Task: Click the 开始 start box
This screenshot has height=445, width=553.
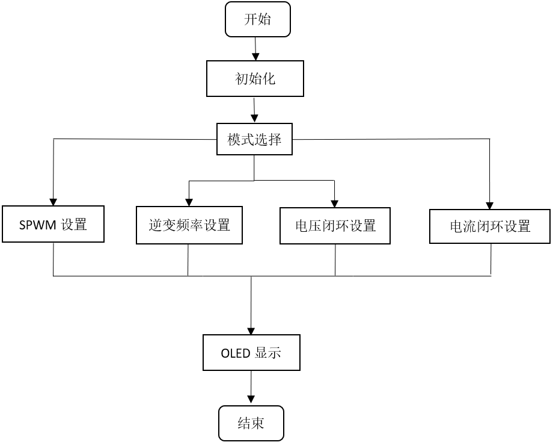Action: click(x=257, y=19)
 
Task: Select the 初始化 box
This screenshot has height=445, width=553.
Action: click(x=255, y=78)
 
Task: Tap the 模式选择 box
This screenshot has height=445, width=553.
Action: click(x=254, y=140)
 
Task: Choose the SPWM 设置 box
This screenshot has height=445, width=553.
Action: click(x=53, y=225)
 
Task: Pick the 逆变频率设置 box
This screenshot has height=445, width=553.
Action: click(x=189, y=226)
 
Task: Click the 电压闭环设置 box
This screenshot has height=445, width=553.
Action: click(x=335, y=226)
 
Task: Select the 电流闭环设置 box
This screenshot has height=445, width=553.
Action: click(x=490, y=226)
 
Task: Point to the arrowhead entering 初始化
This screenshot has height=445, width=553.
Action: click(x=256, y=56)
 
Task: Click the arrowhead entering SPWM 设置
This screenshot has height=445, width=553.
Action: click(x=53, y=202)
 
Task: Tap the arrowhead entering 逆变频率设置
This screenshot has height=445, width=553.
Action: click(x=189, y=202)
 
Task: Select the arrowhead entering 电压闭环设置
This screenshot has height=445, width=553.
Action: click(x=335, y=203)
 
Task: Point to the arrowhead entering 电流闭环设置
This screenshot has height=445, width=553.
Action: click(x=490, y=205)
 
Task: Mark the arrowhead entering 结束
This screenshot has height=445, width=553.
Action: click(x=251, y=400)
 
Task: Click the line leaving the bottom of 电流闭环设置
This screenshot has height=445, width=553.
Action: click(x=491, y=259)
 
